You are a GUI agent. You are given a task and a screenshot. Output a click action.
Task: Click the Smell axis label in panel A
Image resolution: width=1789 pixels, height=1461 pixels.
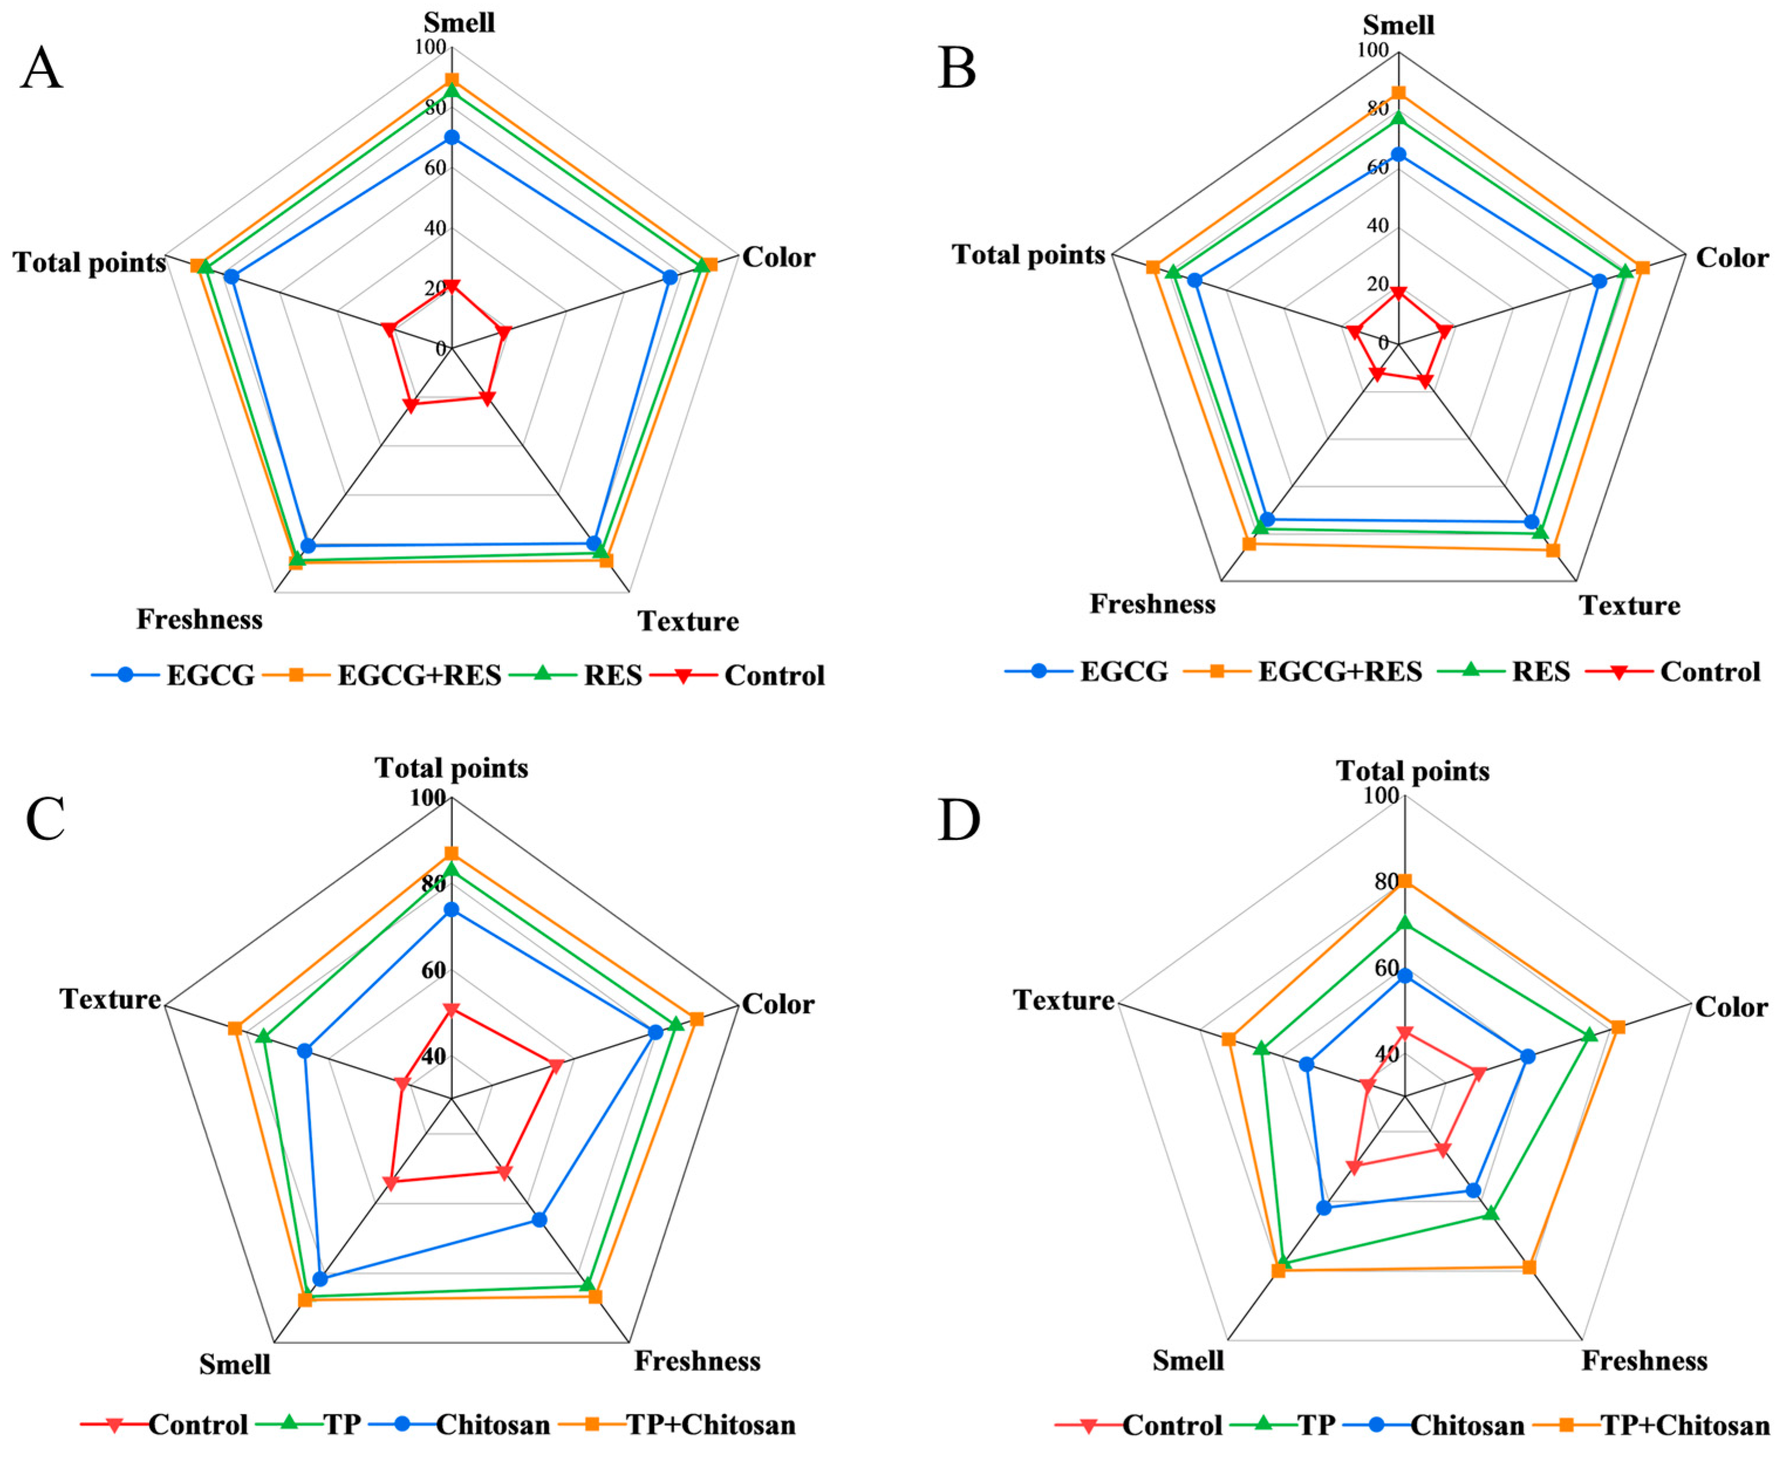point(459,21)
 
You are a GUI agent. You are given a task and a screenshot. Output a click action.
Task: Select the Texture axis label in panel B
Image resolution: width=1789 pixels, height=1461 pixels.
point(1629,606)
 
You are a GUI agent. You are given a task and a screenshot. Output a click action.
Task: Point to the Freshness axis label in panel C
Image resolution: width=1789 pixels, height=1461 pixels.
point(697,1361)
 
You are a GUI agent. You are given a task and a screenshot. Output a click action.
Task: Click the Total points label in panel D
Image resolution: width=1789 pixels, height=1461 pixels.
point(1412,771)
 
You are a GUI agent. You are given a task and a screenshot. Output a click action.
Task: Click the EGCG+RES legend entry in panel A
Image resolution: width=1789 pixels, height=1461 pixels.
point(419,675)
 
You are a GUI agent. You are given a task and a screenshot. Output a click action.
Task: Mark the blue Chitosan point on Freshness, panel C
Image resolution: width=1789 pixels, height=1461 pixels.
point(540,1219)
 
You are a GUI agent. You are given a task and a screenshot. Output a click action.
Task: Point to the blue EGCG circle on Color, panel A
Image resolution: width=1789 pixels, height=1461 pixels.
point(670,277)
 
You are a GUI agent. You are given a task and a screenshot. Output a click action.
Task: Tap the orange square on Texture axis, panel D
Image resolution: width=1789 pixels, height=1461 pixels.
point(1229,1040)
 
